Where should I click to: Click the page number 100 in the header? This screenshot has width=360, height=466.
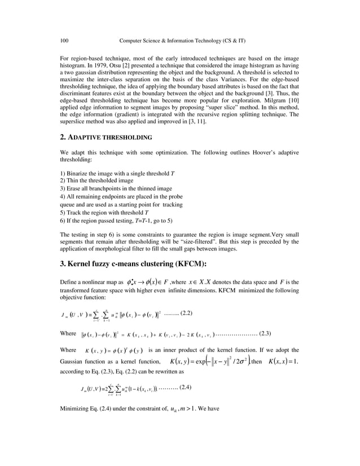tap(64, 40)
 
